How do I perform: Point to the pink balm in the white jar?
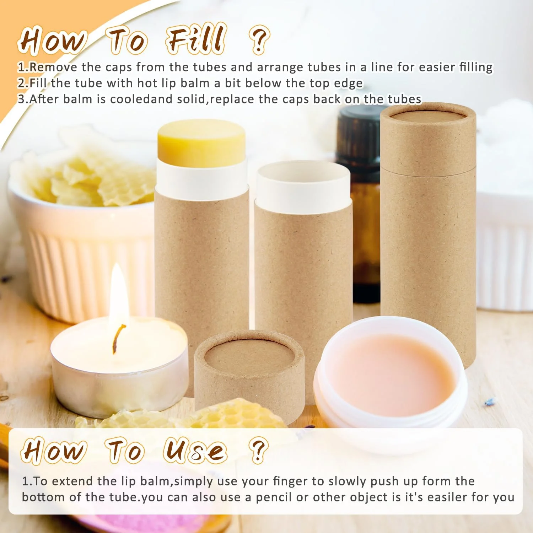[x=391, y=375]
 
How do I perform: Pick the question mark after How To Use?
[x=258, y=450]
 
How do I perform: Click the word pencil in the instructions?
[x=273, y=497]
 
